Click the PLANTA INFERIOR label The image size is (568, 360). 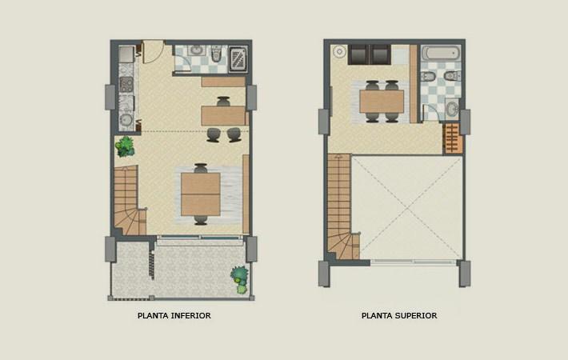(174, 316)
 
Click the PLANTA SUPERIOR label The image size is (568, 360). (399, 316)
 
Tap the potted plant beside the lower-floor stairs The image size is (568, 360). (125, 146)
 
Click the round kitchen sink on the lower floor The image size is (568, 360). (126, 120)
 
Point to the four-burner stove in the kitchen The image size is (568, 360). (126, 82)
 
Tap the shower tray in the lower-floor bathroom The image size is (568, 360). (238, 58)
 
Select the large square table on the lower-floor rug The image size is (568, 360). (200, 194)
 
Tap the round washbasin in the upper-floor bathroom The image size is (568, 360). (453, 109)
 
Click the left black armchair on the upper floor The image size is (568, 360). (358, 54)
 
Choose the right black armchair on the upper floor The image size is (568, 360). (380, 54)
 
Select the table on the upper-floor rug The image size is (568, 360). (381, 101)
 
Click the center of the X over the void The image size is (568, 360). (407, 208)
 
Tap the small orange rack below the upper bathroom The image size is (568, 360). (453, 138)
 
